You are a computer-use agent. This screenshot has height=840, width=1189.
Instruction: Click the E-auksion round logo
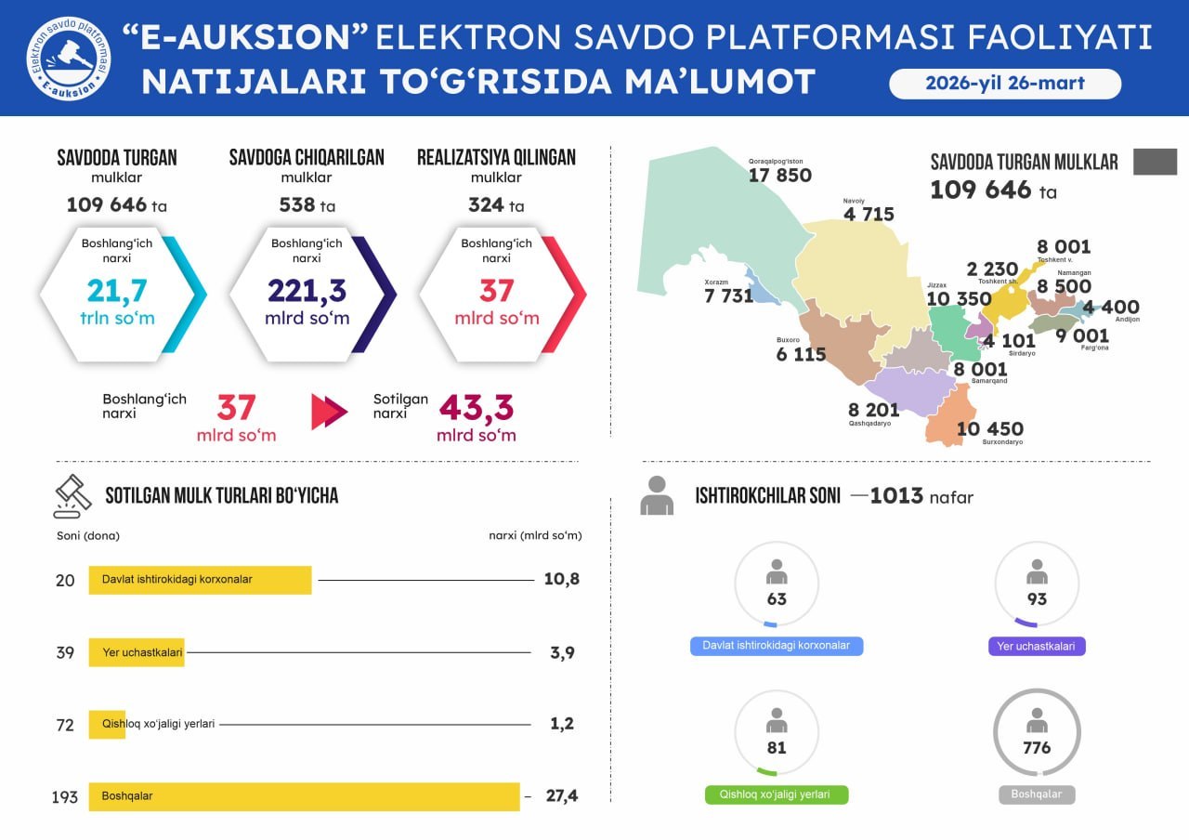[68, 59]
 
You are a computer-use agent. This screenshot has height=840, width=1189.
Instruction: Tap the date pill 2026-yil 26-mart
[1005, 84]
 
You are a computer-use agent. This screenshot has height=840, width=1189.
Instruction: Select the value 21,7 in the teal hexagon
[117, 291]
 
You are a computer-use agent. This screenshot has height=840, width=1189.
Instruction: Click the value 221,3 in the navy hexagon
[307, 291]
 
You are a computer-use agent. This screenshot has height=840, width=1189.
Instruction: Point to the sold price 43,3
[476, 408]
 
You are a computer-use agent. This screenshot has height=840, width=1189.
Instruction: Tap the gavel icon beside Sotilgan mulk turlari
[72, 496]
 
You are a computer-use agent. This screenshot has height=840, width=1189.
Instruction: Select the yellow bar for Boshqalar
[304, 796]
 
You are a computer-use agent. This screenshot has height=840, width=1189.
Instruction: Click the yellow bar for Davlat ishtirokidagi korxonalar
[200, 579]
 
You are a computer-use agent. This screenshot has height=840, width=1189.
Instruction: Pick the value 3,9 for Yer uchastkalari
[562, 652]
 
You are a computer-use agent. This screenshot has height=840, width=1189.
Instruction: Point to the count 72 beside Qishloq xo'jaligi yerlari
[65, 725]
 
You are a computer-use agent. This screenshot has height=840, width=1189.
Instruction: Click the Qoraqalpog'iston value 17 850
[780, 175]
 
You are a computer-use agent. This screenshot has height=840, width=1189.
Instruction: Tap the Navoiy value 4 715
[869, 215]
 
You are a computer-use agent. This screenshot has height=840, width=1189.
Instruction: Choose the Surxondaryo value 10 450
[989, 428]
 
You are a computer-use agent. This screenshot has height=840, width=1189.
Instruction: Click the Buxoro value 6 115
[801, 354]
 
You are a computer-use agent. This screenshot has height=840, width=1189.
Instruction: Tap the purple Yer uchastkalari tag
[1037, 646]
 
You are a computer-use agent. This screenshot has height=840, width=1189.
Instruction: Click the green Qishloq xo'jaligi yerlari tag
[777, 795]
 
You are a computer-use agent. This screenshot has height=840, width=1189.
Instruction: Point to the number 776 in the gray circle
[1037, 747]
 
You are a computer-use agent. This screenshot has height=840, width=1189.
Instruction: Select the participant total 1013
[896, 496]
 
